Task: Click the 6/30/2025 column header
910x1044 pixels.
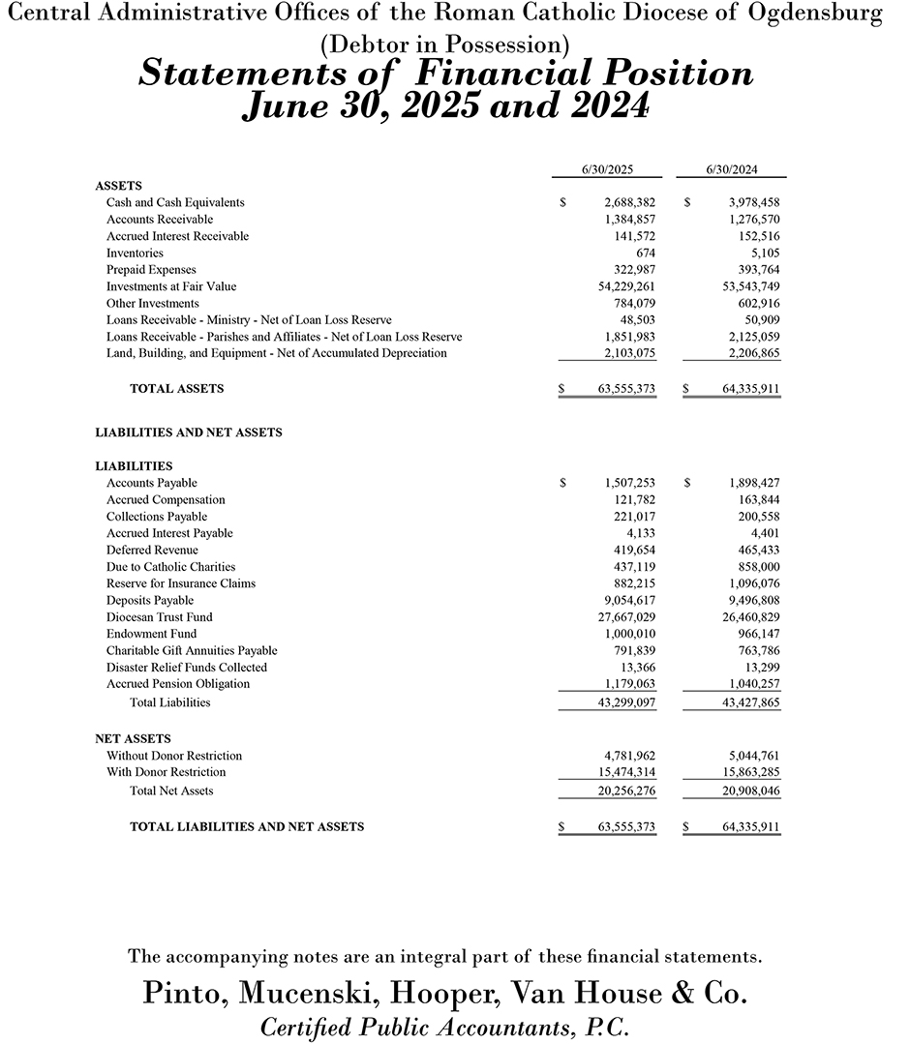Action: pos(607,169)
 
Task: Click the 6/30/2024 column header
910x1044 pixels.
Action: pos(732,169)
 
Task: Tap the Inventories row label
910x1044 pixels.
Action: pos(135,253)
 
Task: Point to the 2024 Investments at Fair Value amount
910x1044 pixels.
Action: pos(743,286)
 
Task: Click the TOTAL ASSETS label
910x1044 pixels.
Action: pos(176,388)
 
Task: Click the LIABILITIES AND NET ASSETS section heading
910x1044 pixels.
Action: pos(189,433)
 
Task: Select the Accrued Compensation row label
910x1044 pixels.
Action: pos(166,499)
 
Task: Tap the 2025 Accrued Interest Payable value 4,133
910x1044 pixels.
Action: pos(641,533)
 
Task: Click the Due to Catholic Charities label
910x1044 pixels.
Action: pos(170,567)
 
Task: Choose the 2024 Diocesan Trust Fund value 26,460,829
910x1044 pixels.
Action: pos(743,617)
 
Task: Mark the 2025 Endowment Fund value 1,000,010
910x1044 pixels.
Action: pos(629,634)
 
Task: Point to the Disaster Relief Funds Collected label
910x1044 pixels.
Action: pos(187,668)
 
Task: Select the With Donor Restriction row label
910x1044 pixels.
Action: pos(166,772)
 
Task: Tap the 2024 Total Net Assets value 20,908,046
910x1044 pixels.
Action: pos(743,790)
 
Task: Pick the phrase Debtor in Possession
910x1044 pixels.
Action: pos(444,45)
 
